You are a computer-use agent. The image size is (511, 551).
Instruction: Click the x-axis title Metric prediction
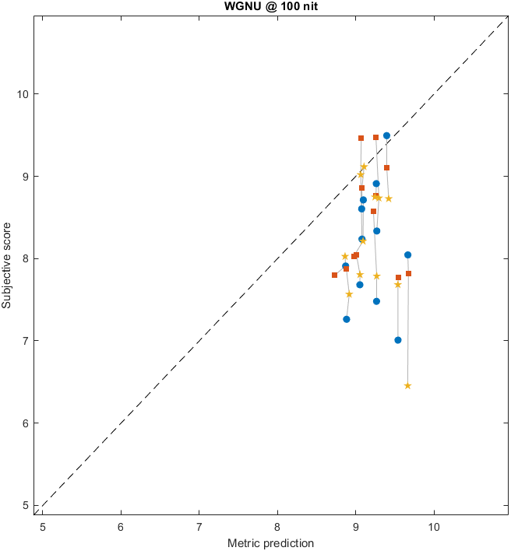tap(270, 542)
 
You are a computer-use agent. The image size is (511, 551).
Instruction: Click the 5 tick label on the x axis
tap(43, 526)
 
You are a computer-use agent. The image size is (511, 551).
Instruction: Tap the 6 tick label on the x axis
tap(121, 526)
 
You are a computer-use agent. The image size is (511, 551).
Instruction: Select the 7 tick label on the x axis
tap(199, 526)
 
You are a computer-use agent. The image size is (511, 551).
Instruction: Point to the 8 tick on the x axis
tap(277, 526)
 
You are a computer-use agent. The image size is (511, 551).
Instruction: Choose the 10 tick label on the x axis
tap(434, 526)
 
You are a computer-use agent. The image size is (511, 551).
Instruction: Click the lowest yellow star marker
tap(407, 385)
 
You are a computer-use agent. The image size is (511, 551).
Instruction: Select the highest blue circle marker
tap(386, 135)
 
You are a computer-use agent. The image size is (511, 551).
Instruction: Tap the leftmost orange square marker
tap(335, 275)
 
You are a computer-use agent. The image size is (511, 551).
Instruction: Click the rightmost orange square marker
tap(408, 273)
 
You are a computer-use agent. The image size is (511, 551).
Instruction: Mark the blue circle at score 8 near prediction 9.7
tap(407, 254)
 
